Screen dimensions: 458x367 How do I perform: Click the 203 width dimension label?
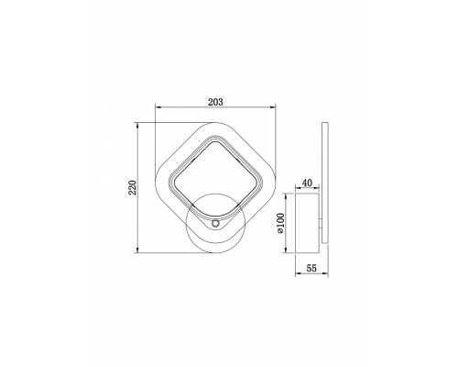coord(215,102)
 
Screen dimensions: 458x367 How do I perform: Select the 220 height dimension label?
coord(132,187)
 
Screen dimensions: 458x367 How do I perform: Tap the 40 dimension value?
coord(307,183)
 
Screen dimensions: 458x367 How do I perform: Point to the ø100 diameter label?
coord(280,223)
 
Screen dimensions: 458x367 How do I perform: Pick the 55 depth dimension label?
coord(311,268)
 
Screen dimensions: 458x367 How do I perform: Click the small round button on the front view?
coord(215,224)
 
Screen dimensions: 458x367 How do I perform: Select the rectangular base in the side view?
coord(308,223)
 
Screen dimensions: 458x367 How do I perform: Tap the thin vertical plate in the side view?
coord(325,183)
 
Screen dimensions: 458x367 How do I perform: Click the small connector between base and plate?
coord(321,223)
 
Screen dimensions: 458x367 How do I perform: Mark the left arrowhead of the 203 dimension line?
coord(158,106)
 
